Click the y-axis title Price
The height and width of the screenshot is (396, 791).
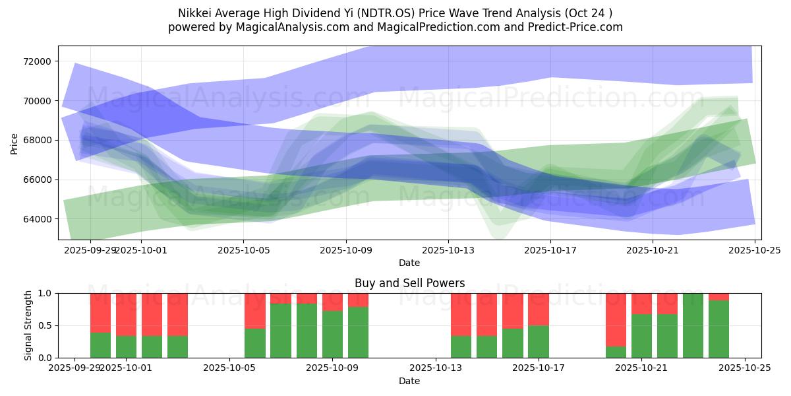point(15,143)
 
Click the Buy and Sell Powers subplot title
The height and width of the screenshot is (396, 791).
point(409,283)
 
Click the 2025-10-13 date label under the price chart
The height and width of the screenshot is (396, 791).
point(448,251)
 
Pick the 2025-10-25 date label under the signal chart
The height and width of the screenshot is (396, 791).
point(745,368)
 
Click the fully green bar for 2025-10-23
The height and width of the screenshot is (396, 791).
point(693,325)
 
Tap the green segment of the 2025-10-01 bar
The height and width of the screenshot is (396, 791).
point(152,346)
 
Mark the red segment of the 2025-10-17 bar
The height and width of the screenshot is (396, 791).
point(539,309)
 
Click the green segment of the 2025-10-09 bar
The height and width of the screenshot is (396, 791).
point(332,334)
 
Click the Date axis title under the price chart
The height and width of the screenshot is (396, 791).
point(409,263)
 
